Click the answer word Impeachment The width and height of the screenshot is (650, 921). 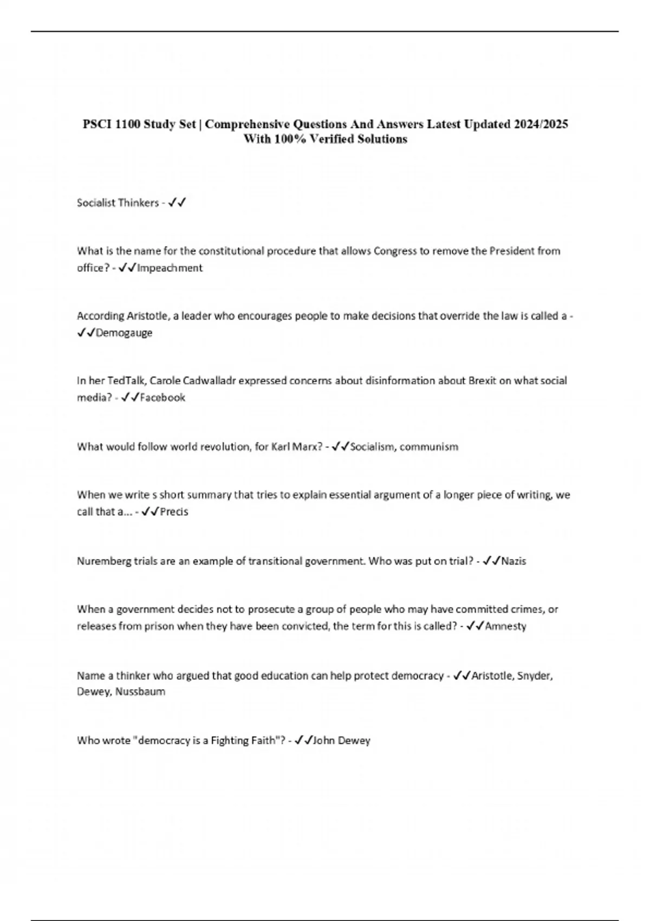click(x=170, y=268)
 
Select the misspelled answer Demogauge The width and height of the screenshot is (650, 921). click(x=124, y=333)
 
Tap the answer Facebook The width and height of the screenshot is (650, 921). click(x=162, y=398)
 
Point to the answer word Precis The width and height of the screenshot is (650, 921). click(x=174, y=511)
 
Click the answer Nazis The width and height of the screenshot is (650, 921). click(x=513, y=561)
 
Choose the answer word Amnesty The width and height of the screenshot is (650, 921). click(x=505, y=626)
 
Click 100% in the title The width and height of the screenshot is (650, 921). click(x=288, y=139)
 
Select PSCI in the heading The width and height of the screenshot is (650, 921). click(x=95, y=124)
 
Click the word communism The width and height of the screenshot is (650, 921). click(x=429, y=447)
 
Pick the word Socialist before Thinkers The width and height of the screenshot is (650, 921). click(x=96, y=203)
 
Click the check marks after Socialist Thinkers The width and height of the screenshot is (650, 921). click(x=177, y=203)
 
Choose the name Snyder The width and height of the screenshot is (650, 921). click(x=535, y=676)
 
